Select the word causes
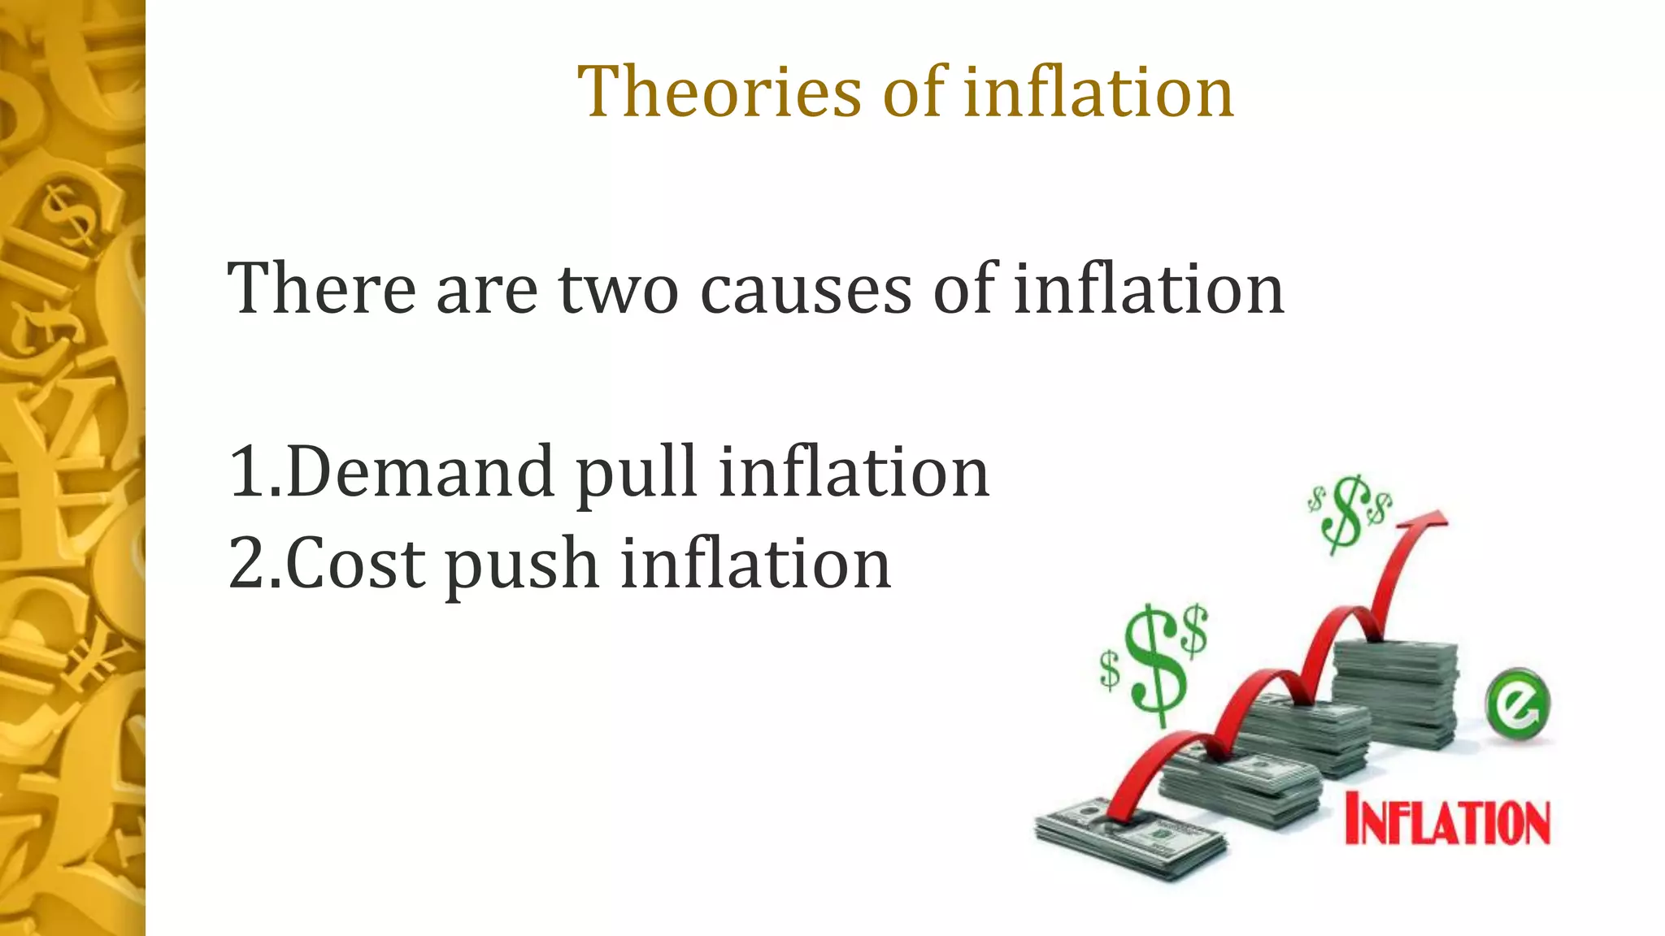click(806, 290)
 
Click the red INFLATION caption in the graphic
click(1447, 822)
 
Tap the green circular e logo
click(1517, 704)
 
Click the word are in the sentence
click(486, 290)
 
